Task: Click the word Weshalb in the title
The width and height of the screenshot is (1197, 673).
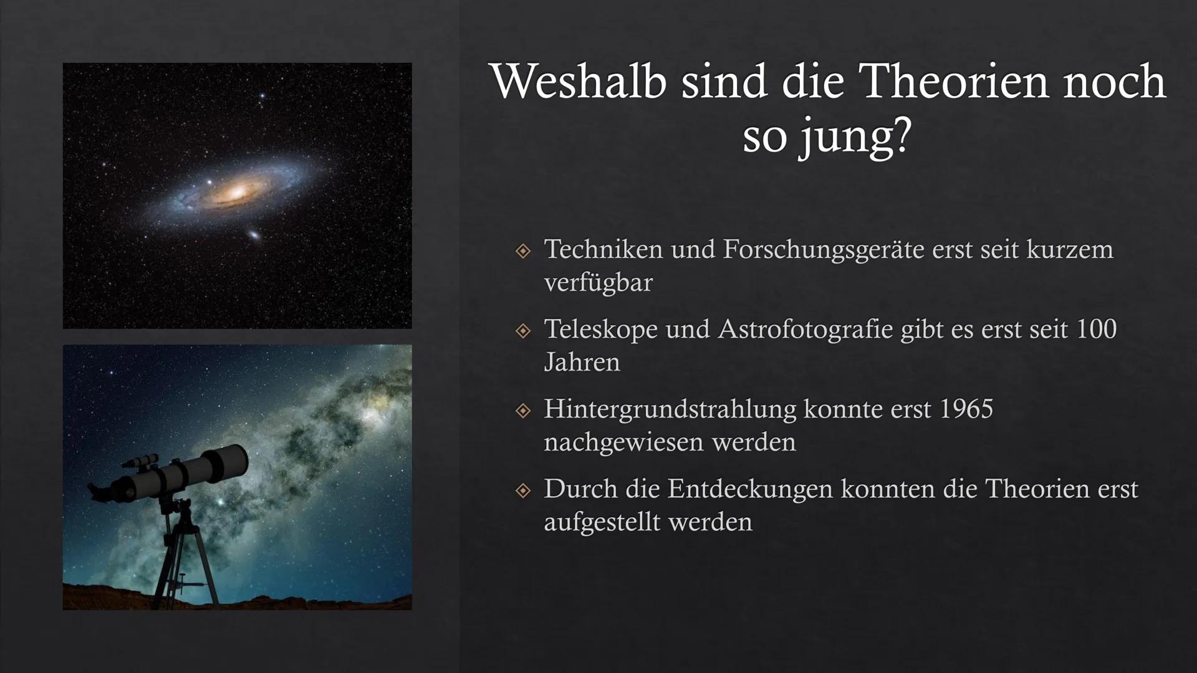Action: (579, 82)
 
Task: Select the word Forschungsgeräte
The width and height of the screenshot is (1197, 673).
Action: (824, 249)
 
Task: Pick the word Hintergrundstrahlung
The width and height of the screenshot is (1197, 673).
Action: (670, 409)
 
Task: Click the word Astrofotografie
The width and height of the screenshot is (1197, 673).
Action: (805, 329)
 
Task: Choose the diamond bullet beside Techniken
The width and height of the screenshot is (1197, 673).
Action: (523, 251)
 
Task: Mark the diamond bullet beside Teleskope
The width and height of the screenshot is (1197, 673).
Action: (523, 331)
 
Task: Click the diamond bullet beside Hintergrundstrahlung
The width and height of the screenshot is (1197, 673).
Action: (523, 411)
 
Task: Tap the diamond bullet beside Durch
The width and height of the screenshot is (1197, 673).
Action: (523, 490)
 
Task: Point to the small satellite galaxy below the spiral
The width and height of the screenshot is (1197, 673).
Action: (254, 236)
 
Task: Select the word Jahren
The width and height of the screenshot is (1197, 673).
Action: (582, 363)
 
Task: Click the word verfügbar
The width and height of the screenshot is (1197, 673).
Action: (598, 283)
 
